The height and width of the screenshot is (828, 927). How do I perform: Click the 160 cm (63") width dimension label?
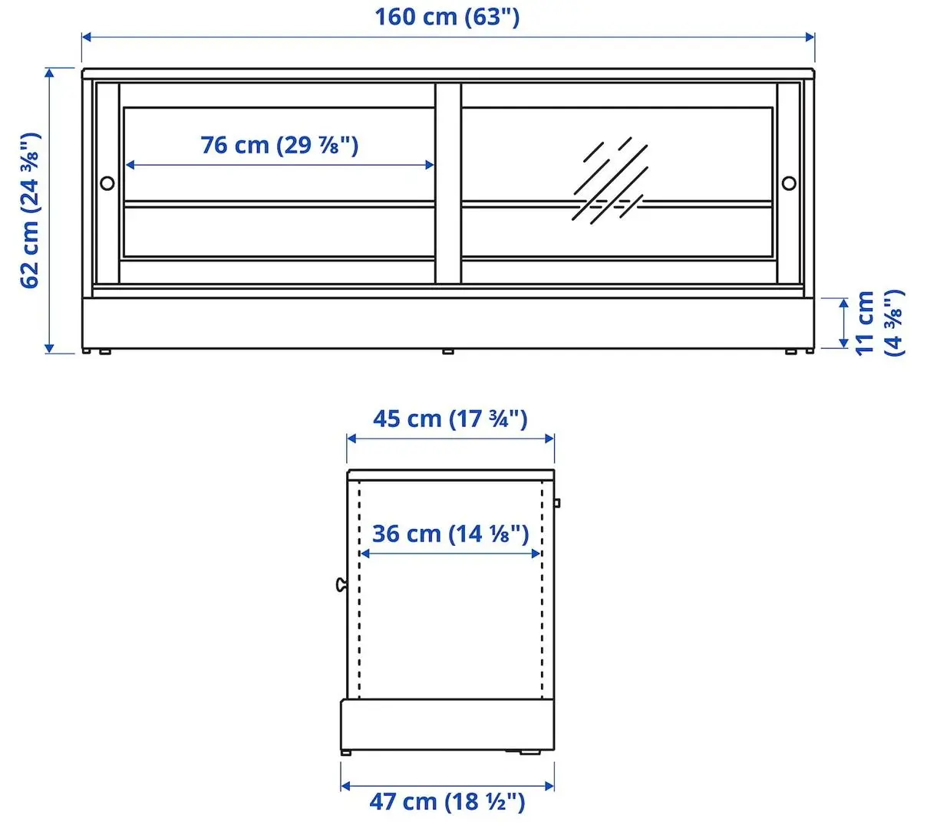click(447, 17)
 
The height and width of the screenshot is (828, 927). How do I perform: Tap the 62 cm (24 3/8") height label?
click(31, 210)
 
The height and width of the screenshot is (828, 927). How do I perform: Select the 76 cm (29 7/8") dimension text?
click(279, 145)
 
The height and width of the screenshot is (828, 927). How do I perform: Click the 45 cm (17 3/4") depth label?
click(450, 419)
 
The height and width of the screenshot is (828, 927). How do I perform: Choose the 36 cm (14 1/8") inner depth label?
click(450, 534)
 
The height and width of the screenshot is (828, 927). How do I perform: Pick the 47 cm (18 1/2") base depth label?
click(447, 802)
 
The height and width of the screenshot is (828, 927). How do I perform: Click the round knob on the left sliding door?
click(107, 183)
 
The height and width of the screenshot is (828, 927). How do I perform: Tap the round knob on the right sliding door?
click(789, 183)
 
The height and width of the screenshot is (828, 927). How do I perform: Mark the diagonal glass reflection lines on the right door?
click(610, 180)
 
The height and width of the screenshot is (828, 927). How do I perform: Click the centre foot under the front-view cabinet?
click(448, 352)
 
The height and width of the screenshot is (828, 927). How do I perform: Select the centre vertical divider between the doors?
click(448, 182)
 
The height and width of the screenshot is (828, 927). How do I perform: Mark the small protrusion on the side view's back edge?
click(557, 503)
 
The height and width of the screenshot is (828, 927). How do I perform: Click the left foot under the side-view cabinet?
click(346, 753)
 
